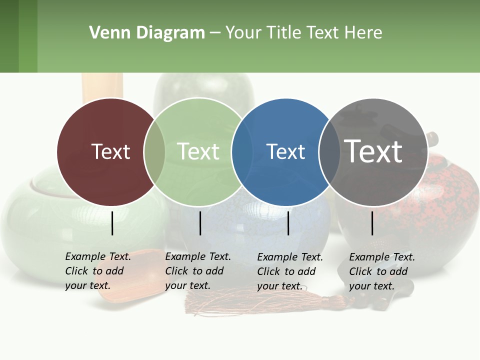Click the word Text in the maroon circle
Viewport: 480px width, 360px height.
(110, 151)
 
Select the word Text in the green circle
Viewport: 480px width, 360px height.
(198, 151)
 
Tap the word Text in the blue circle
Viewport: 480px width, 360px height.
(285, 151)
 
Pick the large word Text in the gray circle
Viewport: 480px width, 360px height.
(373, 151)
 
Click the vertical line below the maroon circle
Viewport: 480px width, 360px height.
(112, 223)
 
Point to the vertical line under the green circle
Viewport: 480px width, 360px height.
(200, 223)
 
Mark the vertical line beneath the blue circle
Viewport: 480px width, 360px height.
(288, 223)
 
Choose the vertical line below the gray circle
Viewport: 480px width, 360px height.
(372, 223)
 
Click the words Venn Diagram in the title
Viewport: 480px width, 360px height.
(147, 33)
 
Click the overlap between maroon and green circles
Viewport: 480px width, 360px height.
(154, 151)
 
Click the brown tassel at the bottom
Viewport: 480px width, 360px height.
(250, 302)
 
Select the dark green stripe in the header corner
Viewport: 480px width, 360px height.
(9, 36)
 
